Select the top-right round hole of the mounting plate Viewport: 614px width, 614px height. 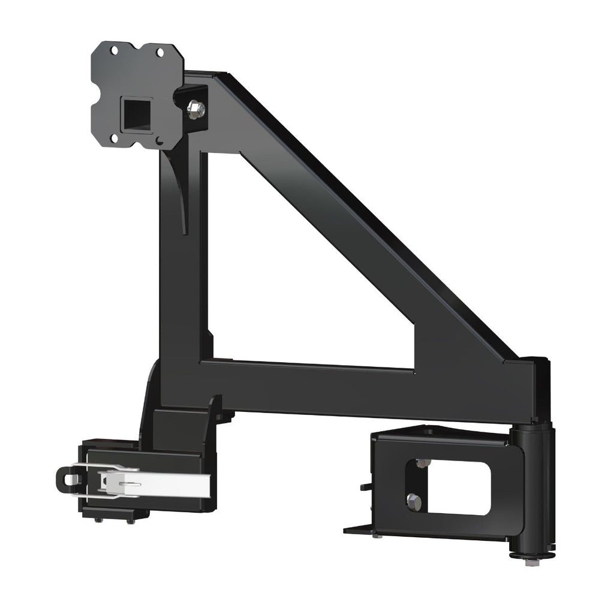click(x=160, y=53)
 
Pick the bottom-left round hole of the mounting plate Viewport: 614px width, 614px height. click(x=115, y=138)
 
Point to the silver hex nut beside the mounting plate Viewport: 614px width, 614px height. click(x=196, y=109)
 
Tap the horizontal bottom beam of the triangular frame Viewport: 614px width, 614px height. click(x=360, y=390)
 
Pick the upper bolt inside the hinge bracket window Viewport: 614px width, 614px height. click(x=422, y=463)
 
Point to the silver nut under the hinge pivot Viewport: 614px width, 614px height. click(x=530, y=562)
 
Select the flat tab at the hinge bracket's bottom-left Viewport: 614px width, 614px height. click(x=359, y=529)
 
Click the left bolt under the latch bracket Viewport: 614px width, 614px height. click(x=100, y=519)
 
